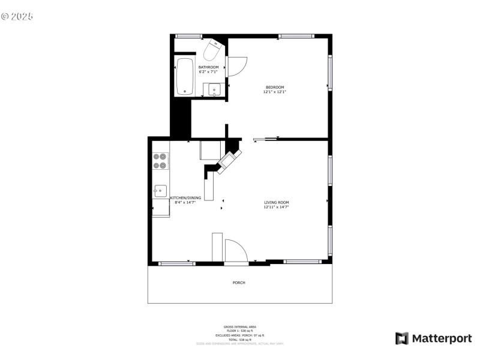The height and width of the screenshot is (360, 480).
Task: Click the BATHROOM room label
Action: tap(209, 67)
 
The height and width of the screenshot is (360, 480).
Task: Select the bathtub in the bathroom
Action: tap(184, 76)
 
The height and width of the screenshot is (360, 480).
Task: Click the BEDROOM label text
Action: tap(275, 88)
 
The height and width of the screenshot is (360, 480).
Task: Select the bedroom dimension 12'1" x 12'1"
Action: tap(275, 92)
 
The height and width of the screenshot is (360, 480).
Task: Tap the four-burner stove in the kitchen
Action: tap(160, 161)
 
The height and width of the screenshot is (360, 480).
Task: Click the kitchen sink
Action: tap(160, 191)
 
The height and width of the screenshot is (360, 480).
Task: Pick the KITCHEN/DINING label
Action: tap(185, 198)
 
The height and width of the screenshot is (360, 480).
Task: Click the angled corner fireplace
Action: tap(228, 160)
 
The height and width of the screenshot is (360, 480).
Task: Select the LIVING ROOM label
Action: tap(277, 202)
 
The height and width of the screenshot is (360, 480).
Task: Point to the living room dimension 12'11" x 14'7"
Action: tap(277, 207)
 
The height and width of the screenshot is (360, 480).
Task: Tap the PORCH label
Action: tap(239, 283)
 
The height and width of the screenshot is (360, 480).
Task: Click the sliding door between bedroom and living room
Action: tap(265, 139)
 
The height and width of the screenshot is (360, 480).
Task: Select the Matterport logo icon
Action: tap(401, 338)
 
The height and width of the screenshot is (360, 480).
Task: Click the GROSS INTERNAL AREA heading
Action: tap(240, 327)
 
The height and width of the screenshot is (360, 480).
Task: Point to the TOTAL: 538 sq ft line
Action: tap(240, 340)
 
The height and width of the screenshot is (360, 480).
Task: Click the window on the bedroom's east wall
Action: tap(329, 73)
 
